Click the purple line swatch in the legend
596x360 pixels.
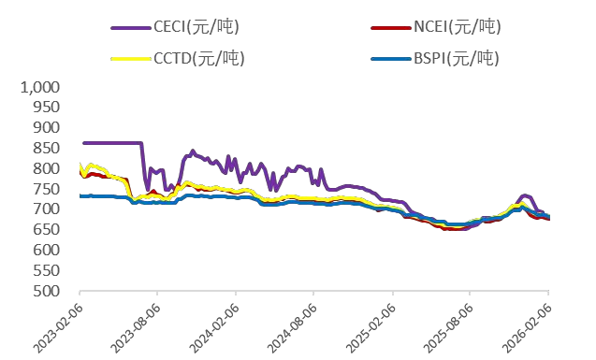pyautogui.click(x=129, y=27)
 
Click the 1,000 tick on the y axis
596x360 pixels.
pyautogui.click(x=40, y=87)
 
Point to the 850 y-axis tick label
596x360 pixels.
pyautogui.click(x=47, y=148)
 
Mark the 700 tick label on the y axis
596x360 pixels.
pyautogui.click(x=47, y=209)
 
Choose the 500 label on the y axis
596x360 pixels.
pyautogui.click(x=47, y=291)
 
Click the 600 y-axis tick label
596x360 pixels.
pyautogui.click(x=47, y=250)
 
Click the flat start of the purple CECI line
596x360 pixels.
pyautogui.click(x=112, y=143)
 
